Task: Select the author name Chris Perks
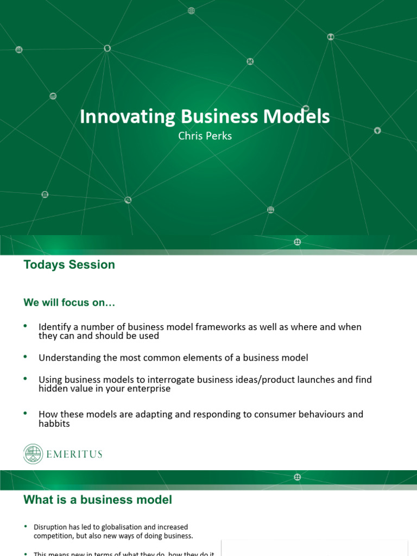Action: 205,136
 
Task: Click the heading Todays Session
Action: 69,265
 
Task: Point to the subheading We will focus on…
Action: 69,303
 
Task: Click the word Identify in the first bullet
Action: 53,327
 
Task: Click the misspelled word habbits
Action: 54,424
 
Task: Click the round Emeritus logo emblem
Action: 34,454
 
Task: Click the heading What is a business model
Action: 98,500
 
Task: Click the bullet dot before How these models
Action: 25,413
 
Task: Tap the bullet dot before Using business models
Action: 25,378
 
